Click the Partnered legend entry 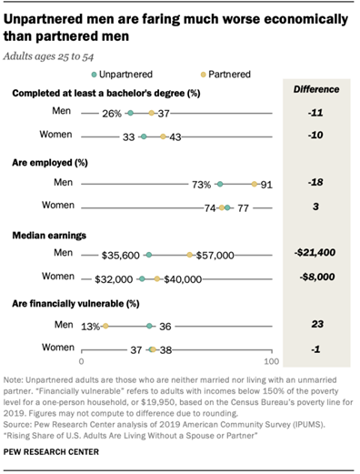(209, 73)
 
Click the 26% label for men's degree (112, 114)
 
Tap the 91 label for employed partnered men (266, 184)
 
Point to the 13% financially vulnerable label (90, 326)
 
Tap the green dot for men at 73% (220, 184)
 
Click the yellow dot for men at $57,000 (189, 256)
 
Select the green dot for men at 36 (149, 326)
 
